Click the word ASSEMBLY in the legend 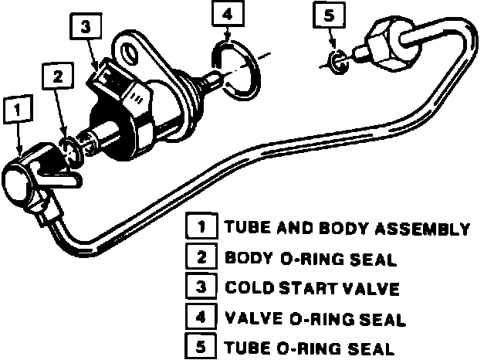(423, 229)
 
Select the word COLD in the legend (250, 288)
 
